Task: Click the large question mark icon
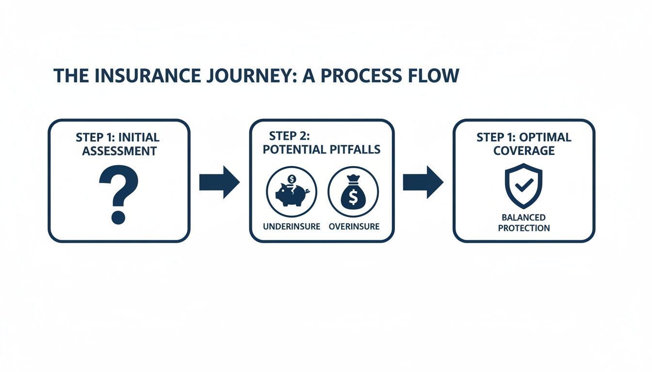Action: [x=118, y=193]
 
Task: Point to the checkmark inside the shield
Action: [x=524, y=185]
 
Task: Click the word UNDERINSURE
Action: [x=292, y=227]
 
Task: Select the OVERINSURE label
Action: [x=354, y=227]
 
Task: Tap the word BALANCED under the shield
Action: [x=524, y=217]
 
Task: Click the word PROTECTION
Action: [x=524, y=228]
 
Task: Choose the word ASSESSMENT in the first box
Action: [x=119, y=151]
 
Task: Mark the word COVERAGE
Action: [x=524, y=151]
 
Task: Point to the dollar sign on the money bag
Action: [x=353, y=196]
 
